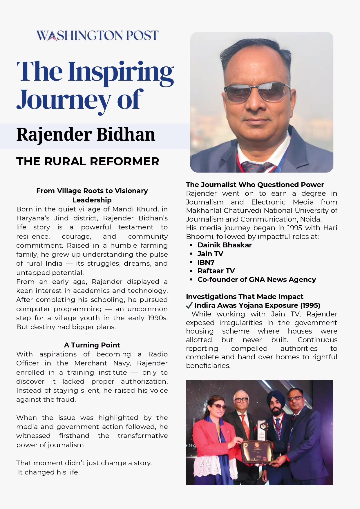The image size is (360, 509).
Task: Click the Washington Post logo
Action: click(x=97, y=36)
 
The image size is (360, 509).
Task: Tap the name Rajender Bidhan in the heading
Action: click(x=86, y=135)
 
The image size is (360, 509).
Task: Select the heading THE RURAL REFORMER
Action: click(x=88, y=162)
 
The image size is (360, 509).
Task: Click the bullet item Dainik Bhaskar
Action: click(x=224, y=245)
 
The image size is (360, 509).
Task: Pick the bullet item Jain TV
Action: click(x=210, y=254)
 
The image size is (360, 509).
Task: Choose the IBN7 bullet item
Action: click(x=206, y=262)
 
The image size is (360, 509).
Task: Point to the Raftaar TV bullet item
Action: click(x=216, y=271)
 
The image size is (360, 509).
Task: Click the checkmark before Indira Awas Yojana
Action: click(x=189, y=305)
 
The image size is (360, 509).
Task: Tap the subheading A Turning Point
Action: click(x=92, y=345)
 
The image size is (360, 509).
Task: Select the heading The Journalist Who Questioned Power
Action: click(x=255, y=185)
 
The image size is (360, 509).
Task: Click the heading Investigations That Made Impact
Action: click(x=244, y=297)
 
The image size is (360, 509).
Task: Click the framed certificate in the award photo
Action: click(x=257, y=451)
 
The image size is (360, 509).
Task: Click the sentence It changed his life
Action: click(x=49, y=472)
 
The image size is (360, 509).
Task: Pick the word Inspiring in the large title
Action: click(x=121, y=72)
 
